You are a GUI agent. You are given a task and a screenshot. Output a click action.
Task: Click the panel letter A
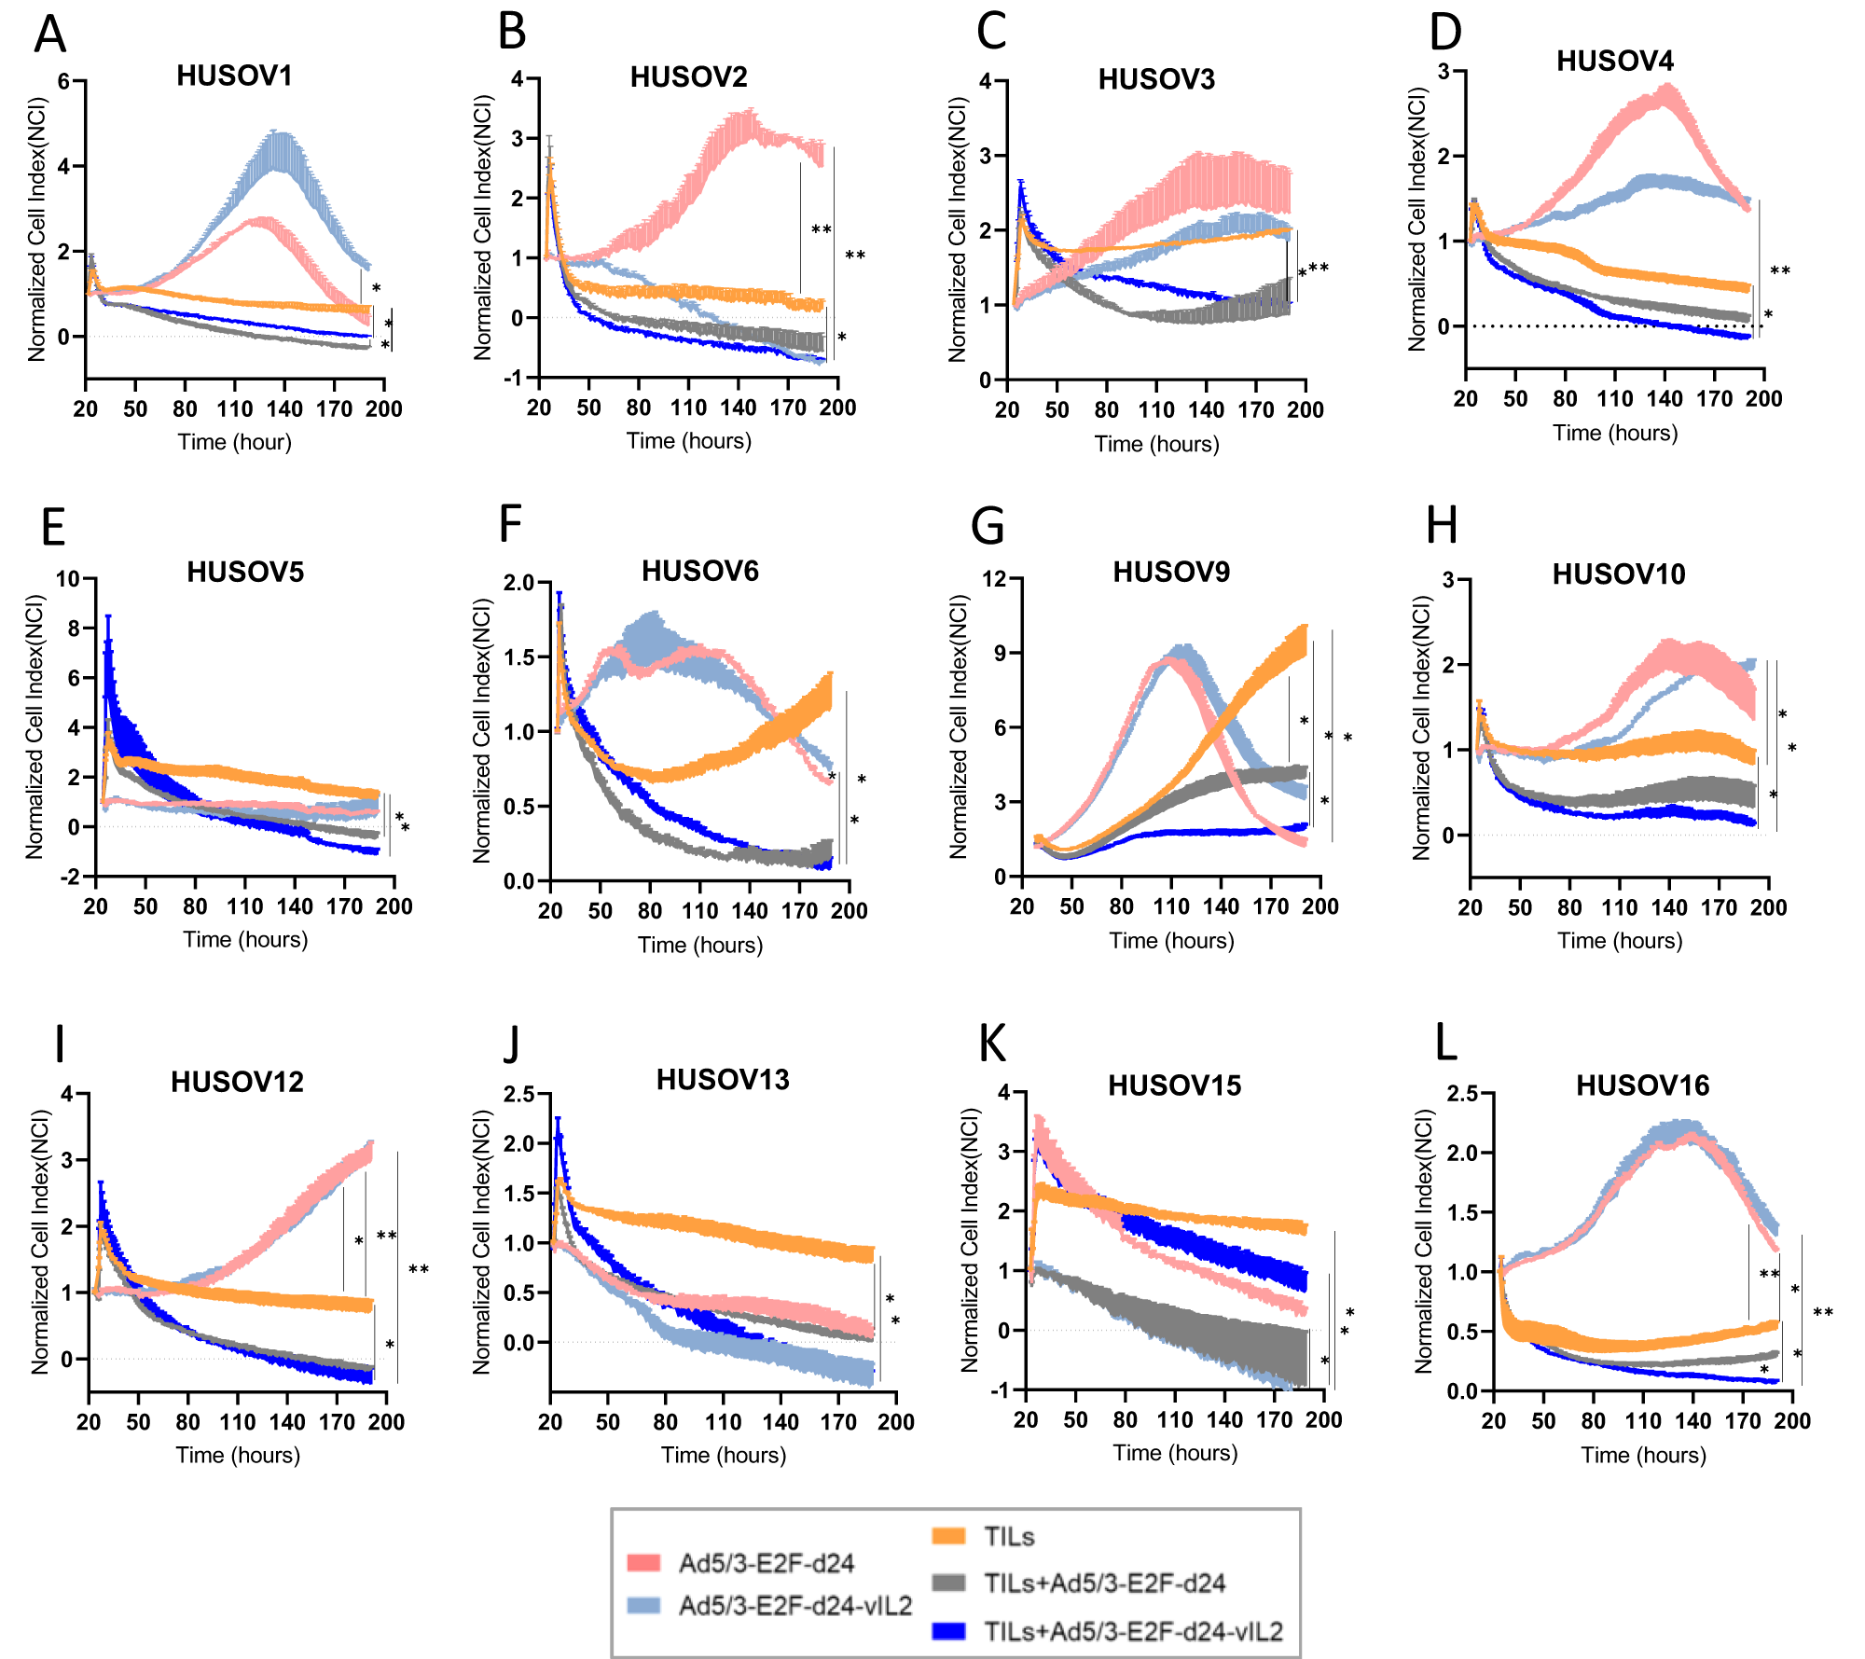[x=50, y=35]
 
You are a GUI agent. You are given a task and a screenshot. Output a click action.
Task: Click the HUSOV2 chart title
[x=688, y=76]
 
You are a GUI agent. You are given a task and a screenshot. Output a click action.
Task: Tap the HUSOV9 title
[x=1171, y=572]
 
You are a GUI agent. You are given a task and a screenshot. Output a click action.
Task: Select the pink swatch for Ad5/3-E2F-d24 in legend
[x=643, y=1562]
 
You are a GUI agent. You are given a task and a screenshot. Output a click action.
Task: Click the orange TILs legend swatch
[x=948, y=1536]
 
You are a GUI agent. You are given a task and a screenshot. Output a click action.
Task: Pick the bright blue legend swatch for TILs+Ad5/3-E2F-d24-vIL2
[x=948, y=1631]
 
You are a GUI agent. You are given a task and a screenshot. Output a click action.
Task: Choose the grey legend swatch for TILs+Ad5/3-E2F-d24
[x=948, y=1583]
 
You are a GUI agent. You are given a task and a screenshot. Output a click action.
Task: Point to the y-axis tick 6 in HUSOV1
[x=63, y=81]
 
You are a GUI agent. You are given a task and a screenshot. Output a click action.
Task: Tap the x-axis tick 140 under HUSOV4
[x=1665, y=399]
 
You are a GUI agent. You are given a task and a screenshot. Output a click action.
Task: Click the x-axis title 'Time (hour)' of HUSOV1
[x=235, y=442]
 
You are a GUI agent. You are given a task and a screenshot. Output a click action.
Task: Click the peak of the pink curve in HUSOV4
[x=1666, y=88]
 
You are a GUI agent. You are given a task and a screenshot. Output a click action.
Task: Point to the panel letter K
[x=992, y=1043]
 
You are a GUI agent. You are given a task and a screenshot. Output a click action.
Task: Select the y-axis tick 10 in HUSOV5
[x=68, y=579]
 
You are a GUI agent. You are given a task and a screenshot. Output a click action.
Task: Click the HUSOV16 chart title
[x=1642, y=1085]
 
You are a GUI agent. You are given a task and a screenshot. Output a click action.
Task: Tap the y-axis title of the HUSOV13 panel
[x=481, y=1241]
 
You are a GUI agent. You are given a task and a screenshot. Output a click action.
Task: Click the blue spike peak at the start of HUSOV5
[x=108, y=617]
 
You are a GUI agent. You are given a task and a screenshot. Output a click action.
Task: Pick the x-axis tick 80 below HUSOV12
[x=187, y=1422]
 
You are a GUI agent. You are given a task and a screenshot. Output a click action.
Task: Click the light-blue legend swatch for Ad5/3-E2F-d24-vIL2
[x=643, y=1605]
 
